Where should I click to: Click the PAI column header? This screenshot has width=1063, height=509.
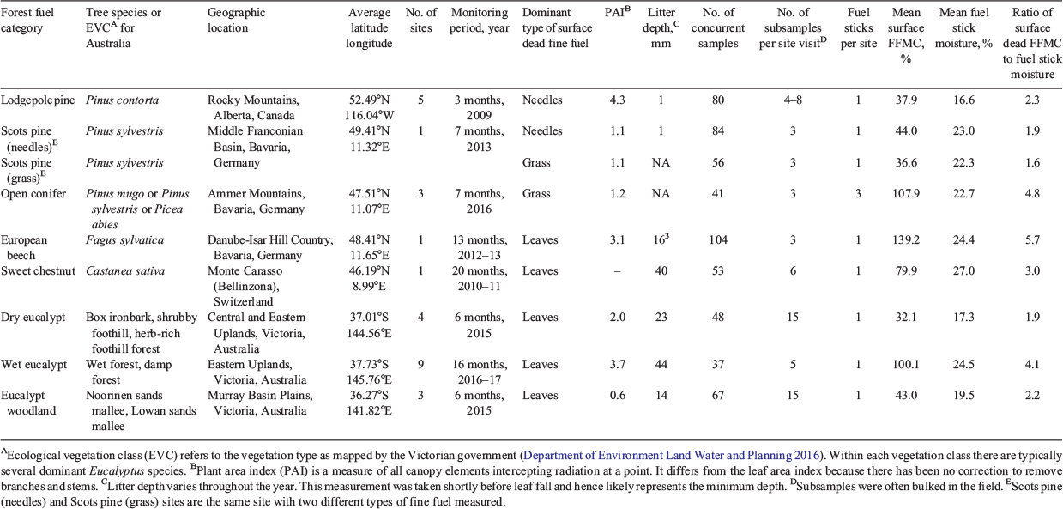click(x=618, y=12)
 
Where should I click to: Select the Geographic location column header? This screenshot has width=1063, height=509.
click(x=236, y=20)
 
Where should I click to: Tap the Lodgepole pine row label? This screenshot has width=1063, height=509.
click(x=38, y=100)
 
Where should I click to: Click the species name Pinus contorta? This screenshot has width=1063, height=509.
click(x=123, y=100)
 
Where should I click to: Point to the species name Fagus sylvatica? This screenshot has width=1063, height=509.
click(x=124, y=240)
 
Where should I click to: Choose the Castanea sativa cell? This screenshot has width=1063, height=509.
click(x=125, y=271)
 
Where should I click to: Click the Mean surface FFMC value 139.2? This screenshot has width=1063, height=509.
click(x=905, y=240)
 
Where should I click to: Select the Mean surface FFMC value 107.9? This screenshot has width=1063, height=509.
click(x=905, y=194)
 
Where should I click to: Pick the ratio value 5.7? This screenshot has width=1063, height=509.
click(x=1032, y=240)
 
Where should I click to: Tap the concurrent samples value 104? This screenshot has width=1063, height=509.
click(x=718, y=240)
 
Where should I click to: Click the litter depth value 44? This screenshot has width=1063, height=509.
click(x=661, y=365)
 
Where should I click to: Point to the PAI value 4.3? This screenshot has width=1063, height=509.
click(x=618, y=100)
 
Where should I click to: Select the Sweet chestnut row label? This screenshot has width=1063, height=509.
click(x=39, y=271)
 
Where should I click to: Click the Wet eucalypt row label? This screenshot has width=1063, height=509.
click(x=34, y=365)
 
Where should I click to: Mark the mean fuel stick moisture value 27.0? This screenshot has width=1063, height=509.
click(x=963, y=271)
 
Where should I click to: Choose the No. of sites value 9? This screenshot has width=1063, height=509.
click(x=420, y=365)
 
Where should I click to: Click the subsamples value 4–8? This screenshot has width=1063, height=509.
click(x=793, y=100)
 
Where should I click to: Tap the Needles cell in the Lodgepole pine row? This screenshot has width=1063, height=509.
click(x=542, y=100)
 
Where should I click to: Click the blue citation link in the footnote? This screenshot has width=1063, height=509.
click(x=672, y=455)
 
